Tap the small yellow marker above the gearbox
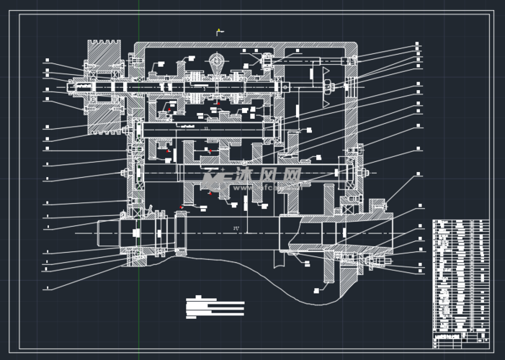point(220,31)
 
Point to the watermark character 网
point(291,175)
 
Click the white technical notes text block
point(215,308)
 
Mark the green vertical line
point(139,180)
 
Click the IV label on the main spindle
point(236,228)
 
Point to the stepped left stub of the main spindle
point(115,233)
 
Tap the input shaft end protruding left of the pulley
point(73,88)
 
